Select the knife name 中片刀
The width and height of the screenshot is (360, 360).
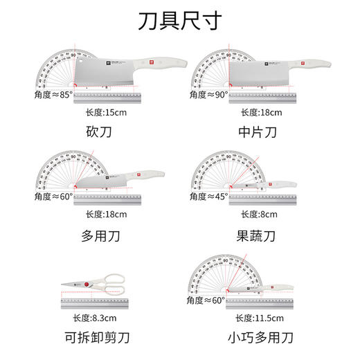point(260,132)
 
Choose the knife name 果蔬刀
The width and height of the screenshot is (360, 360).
point(260,236)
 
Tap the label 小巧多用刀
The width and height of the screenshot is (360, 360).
point(260,338)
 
